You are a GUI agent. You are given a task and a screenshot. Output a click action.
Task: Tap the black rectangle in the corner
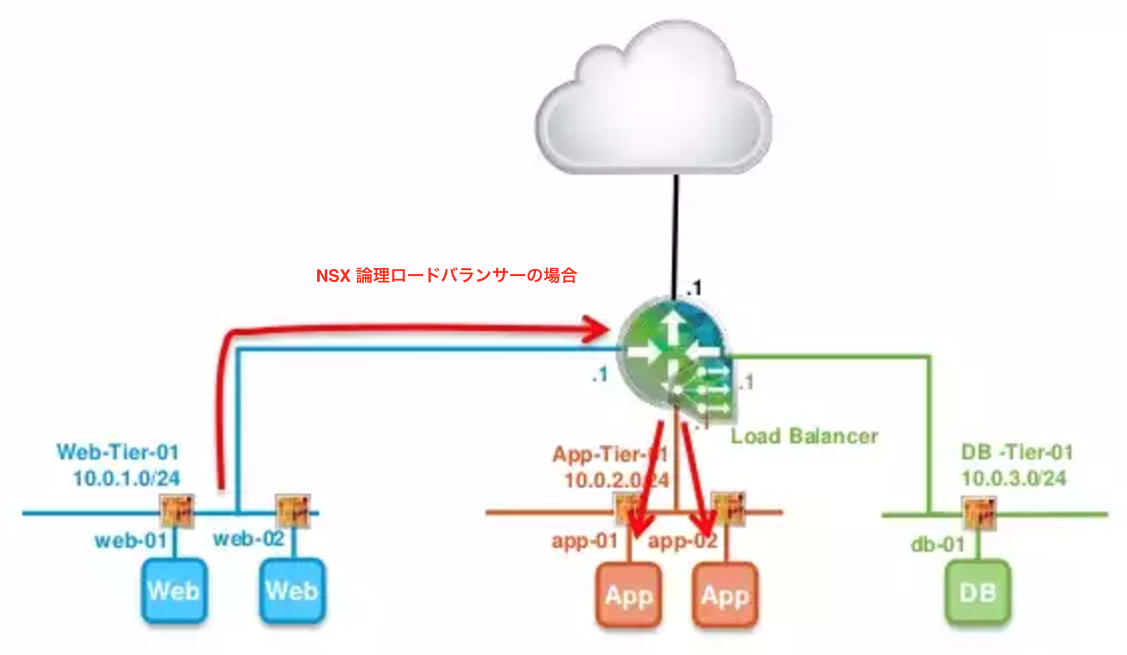[1087, 115]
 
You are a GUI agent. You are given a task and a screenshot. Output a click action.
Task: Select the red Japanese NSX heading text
[446, 276]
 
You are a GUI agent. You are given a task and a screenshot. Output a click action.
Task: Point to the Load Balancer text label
[804, 436]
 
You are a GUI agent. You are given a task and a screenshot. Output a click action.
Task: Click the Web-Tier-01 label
[118, 452]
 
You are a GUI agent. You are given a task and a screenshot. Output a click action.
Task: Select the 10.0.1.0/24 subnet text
[127, 478]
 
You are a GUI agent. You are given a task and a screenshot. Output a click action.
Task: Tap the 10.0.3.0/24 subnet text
[1013, 478]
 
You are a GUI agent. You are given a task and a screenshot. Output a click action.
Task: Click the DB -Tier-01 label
[1016, 452]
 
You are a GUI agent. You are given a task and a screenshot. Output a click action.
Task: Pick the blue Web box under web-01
[174, 591]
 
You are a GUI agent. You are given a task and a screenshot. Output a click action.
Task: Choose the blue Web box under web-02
[292, 591]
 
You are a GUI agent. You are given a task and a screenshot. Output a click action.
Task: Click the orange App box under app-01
[628, 595]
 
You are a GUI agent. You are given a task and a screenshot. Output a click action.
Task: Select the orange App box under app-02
[725, 595]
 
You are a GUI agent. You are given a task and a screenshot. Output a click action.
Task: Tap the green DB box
[977, 593]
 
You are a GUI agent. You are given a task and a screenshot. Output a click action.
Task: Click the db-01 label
[937, 544]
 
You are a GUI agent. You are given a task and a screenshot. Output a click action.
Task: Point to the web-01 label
[130, 541]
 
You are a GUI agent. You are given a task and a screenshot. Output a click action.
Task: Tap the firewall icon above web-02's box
[293, 511]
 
